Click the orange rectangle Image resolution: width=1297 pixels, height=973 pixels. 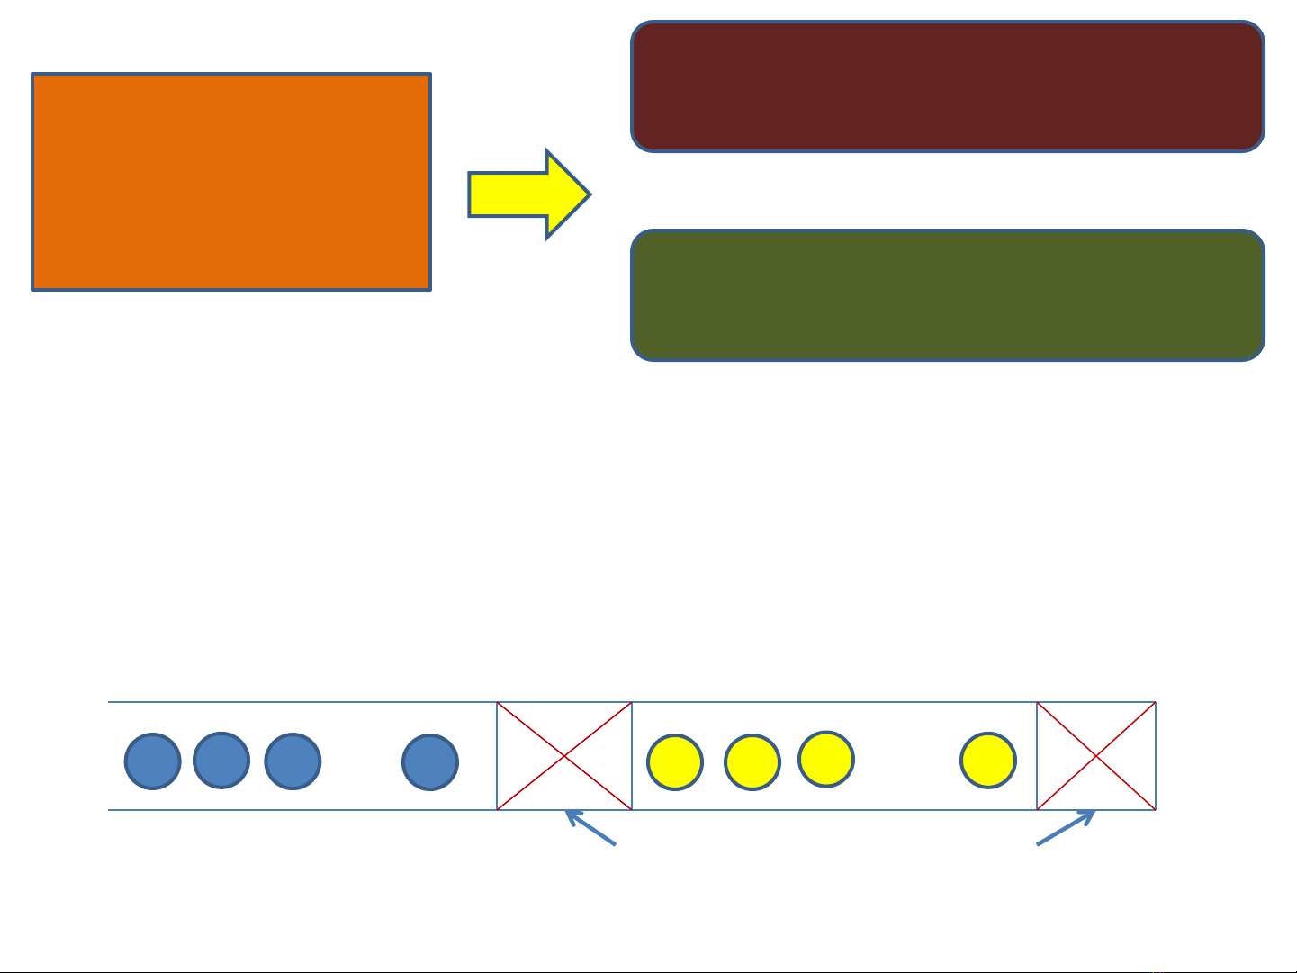click(231, 182)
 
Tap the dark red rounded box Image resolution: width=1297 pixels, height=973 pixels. click(948, 86)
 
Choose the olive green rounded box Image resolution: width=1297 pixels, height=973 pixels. click(948, 295)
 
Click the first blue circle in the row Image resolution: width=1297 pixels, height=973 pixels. click(152, 761)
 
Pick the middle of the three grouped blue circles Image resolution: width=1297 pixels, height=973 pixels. click(221, 761)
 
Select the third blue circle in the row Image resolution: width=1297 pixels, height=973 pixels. click(293, 761)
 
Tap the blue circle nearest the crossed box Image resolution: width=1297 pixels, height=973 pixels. click(430, 761)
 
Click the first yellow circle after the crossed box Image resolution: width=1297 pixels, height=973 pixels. click(675, 762)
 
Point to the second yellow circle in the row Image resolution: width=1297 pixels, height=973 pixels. click(752, 762)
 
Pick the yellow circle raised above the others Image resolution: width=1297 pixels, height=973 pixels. click(826, 759)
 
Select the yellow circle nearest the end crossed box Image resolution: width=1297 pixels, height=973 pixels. click(988, 761)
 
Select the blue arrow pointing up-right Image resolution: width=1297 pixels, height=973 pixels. click(1066, 828)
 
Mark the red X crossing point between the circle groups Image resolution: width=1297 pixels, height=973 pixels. click(564, 756)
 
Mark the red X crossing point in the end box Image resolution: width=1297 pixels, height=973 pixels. click(1096, 756)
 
